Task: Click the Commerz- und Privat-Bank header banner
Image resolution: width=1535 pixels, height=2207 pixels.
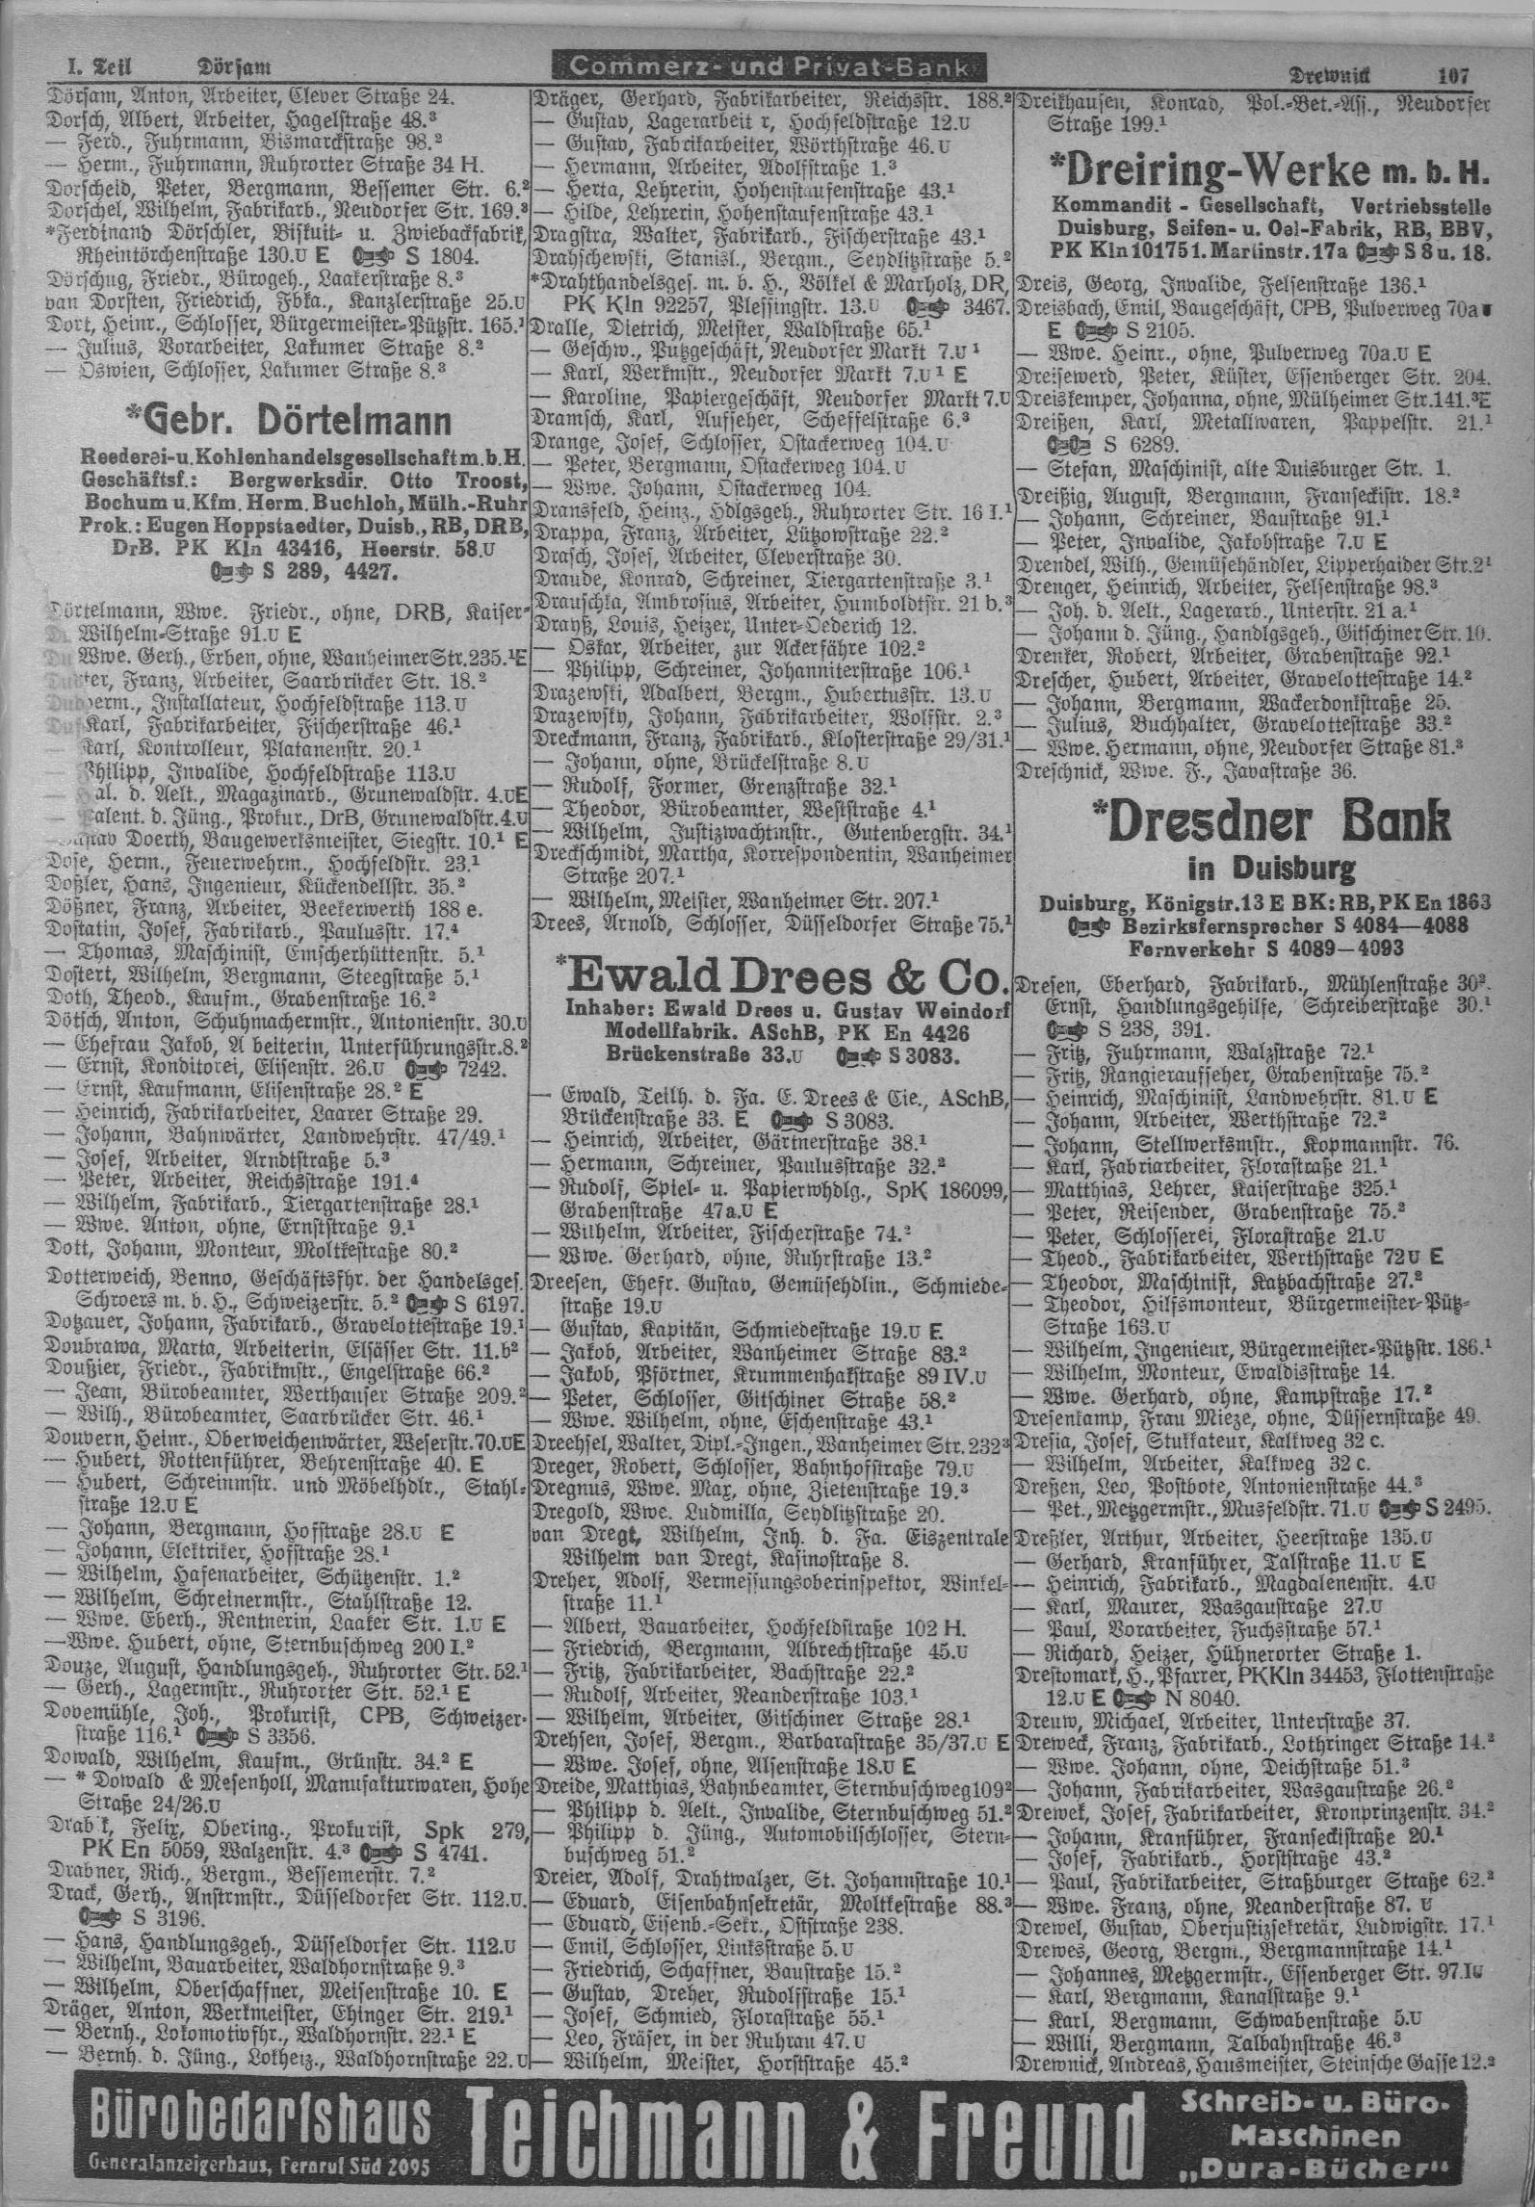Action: [x=768, y=69]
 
